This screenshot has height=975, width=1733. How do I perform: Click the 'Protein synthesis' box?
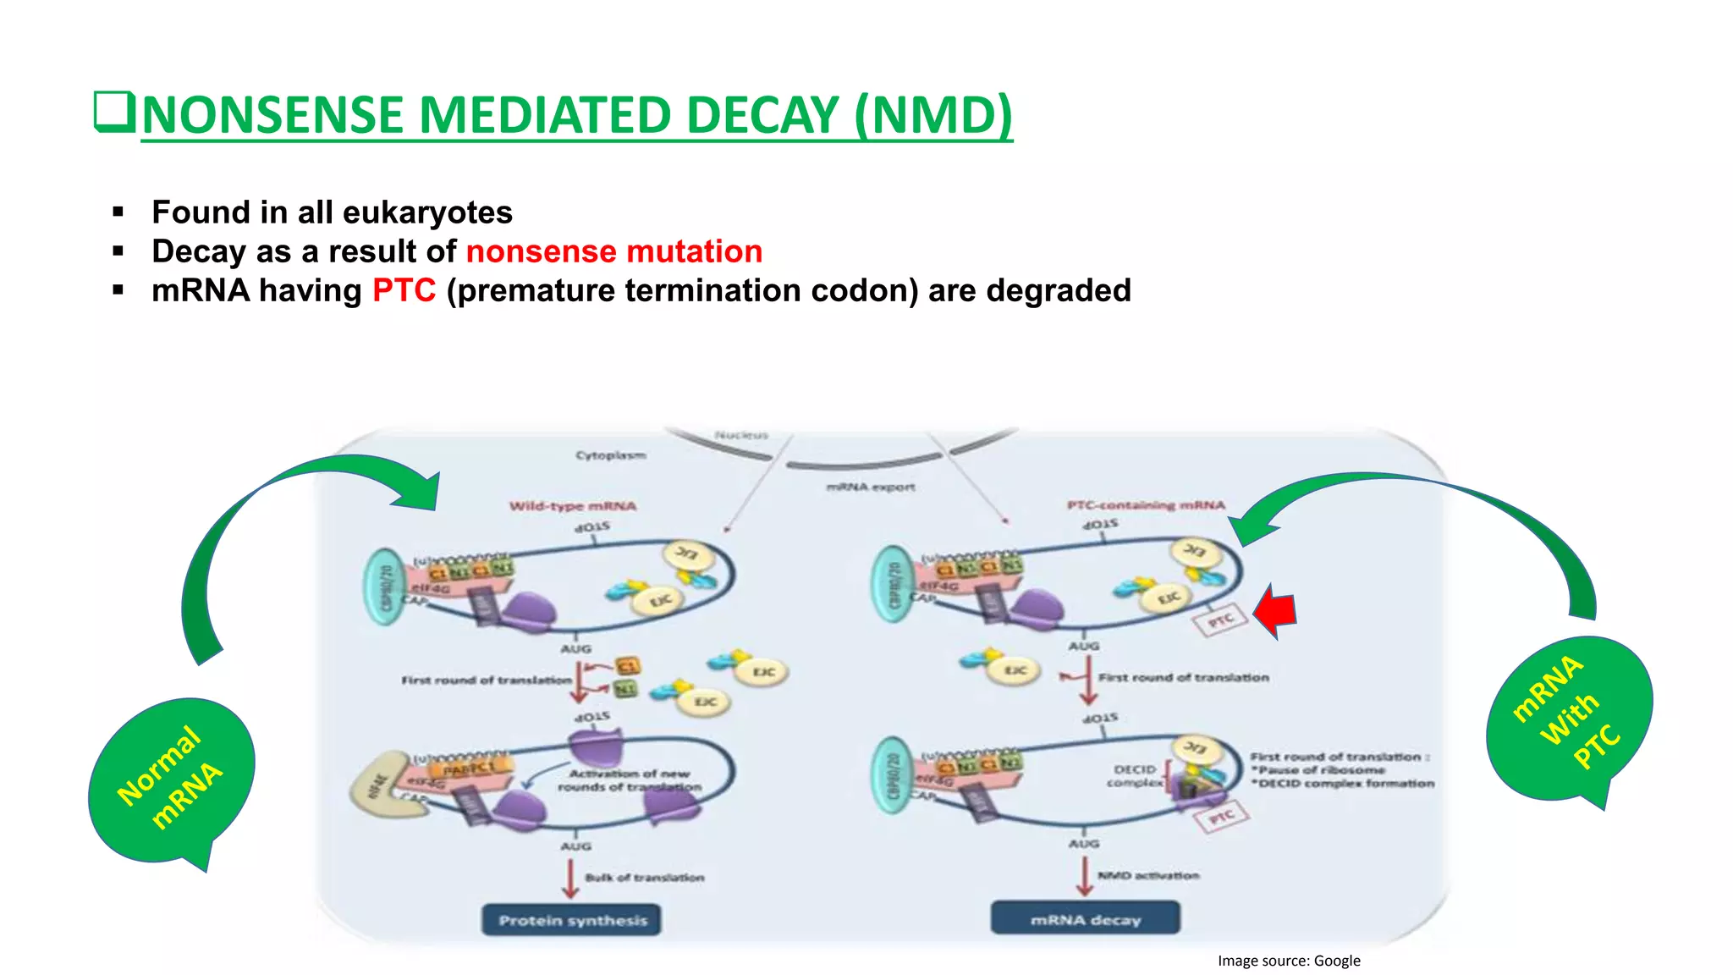572,920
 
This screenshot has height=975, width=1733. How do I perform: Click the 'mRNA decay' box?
1086,919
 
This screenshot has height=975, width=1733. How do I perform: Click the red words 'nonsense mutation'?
613,251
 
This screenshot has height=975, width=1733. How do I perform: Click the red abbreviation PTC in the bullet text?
404,290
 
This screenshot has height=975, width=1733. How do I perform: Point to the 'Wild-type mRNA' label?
572,506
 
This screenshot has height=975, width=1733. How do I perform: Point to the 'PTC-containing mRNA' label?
1146,505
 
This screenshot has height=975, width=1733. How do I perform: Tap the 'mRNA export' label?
871,487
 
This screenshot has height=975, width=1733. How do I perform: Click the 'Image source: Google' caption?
1288,961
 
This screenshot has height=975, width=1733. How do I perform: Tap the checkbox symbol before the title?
113,112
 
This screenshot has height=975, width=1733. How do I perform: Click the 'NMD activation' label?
1148,875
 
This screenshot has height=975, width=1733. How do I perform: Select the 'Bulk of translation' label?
644,878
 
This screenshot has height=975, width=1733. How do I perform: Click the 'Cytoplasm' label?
610,455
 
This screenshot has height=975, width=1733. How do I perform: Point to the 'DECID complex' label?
1134,775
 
